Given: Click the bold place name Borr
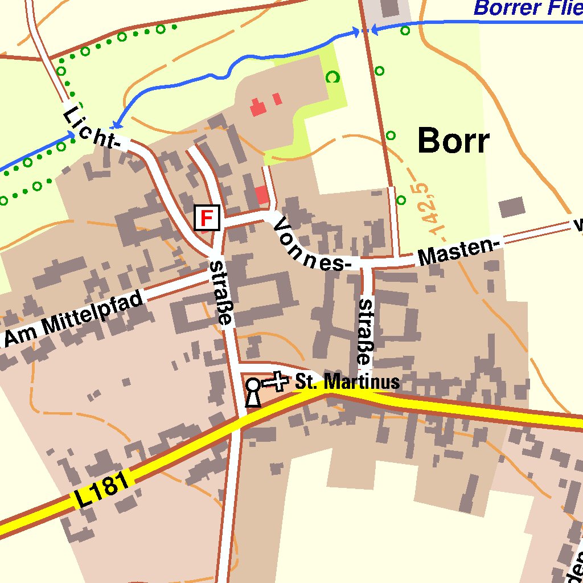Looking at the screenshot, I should [x=453, y=141].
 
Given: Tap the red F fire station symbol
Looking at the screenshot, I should [x=207, y=217].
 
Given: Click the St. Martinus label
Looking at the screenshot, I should [x=347, y=382].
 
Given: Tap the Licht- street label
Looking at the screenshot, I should [x=92, y=129].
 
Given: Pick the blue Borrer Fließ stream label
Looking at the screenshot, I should [x=527, y=8].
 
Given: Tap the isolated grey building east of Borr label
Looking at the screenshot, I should [x=512, y=207].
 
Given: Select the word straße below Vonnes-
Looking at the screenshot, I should [x=364, y=331].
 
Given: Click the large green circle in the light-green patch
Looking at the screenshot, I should [x=332, y=77].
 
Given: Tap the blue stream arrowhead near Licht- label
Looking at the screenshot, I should [x=116, y=124].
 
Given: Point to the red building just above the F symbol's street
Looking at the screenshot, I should [x=261, y=195].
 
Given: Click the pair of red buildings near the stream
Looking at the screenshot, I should [x=265, y=103].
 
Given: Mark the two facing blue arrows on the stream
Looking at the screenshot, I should [x=365, y=31].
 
